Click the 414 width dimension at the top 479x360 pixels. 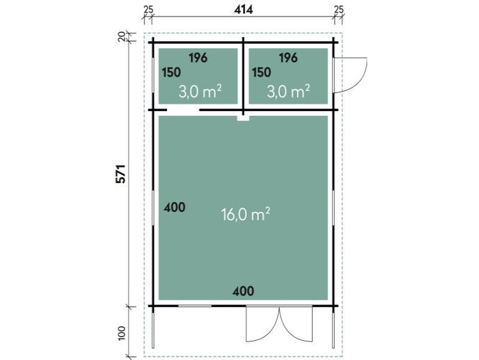[244, 10]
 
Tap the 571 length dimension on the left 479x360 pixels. [121, 174]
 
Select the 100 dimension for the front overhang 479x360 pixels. [122, 333]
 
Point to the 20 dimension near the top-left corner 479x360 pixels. [122, 36]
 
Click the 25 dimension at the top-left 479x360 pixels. [148, 10]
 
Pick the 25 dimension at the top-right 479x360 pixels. [339, 10]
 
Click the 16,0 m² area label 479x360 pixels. [245, 214]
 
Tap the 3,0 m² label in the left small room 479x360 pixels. [200, 91]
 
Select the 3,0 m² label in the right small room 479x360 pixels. [288, 91]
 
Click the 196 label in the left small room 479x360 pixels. [198, 58]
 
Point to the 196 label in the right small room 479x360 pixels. [288, 58]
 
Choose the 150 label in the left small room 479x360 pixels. [171, 73]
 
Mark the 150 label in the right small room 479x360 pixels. [261, 73]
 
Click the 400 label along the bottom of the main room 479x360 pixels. [243, 291]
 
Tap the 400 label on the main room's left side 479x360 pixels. [174, 208]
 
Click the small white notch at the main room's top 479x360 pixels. [243, 118]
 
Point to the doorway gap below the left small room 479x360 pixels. [183, 110]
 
